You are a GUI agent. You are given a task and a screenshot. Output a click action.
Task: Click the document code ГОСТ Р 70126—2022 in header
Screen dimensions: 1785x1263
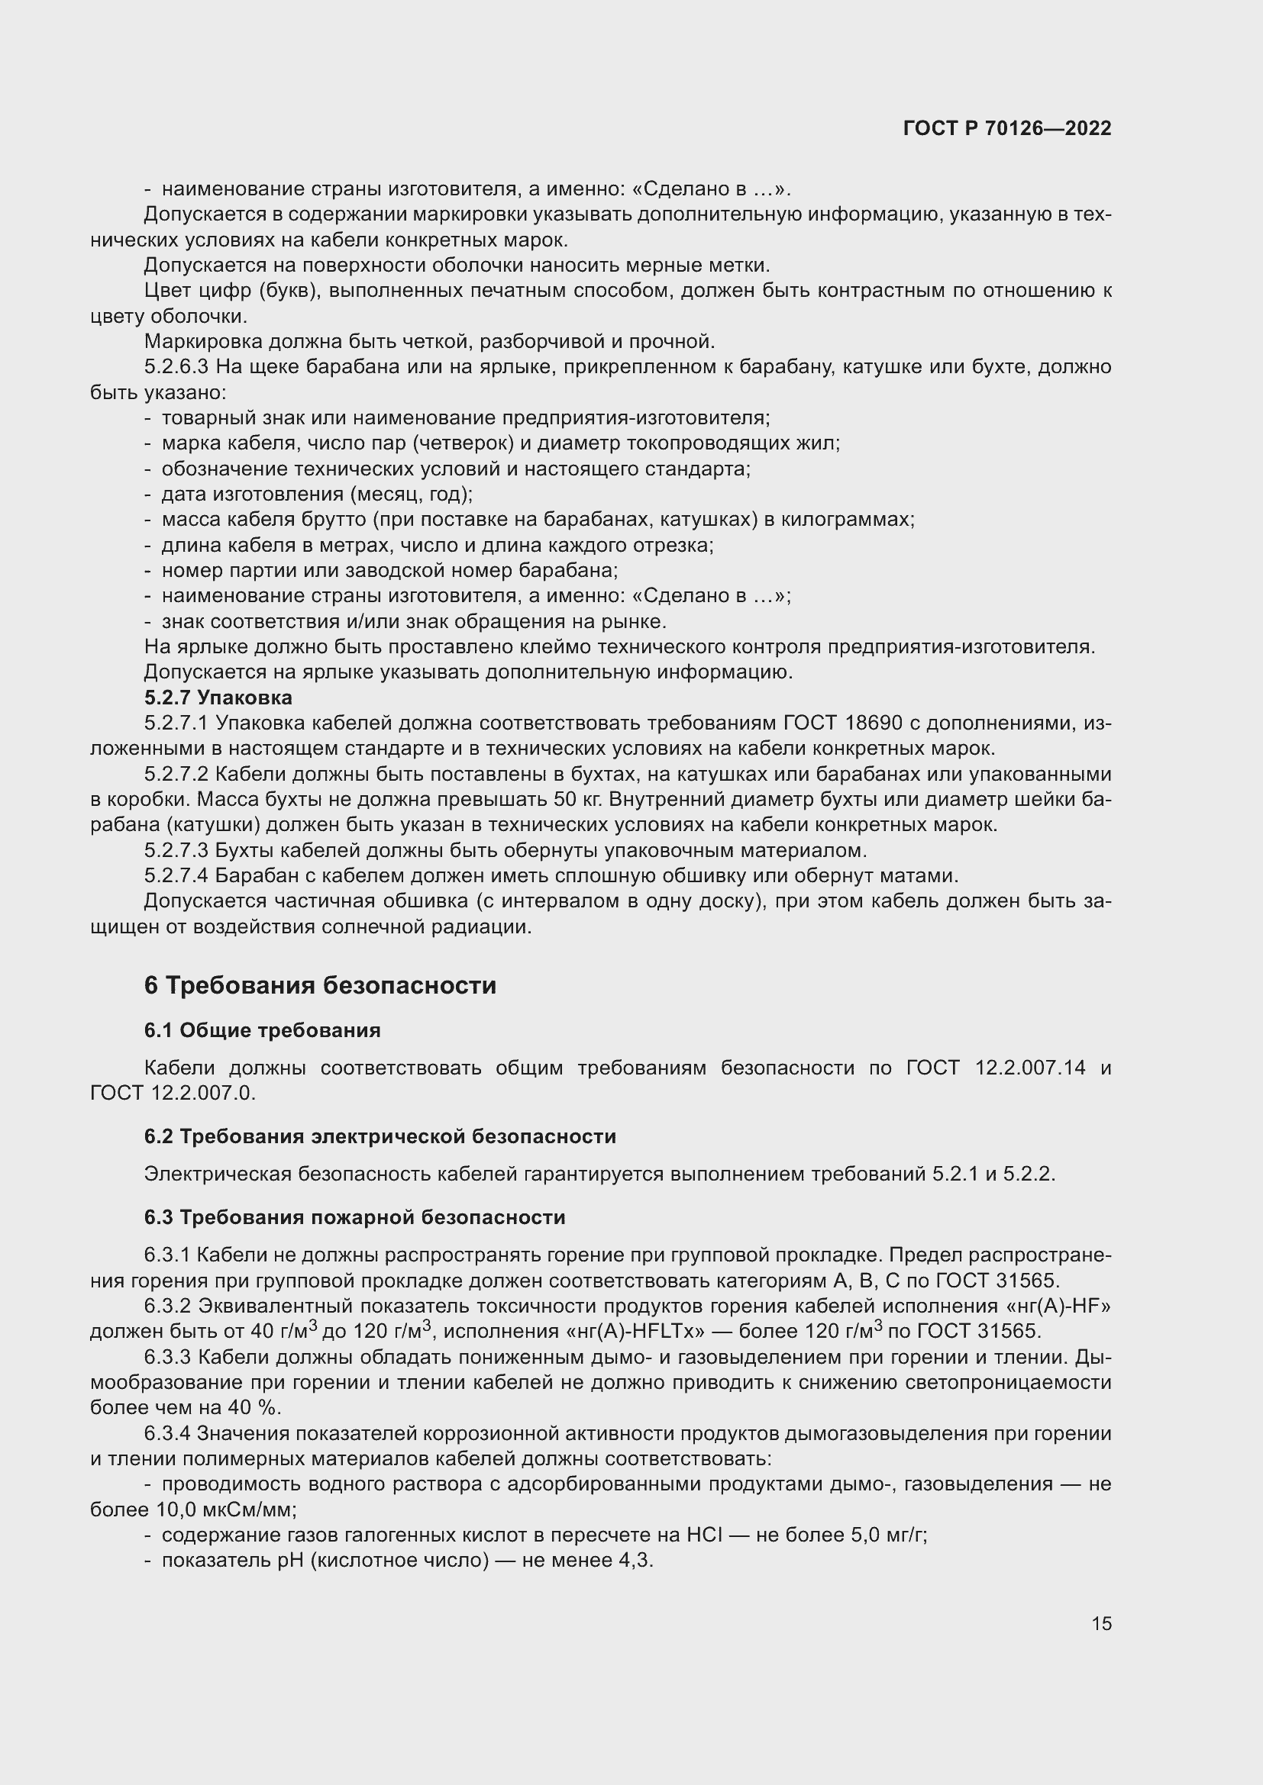[1007, 128]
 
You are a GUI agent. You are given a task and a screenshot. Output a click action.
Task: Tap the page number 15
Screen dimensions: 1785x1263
[1101, 1623]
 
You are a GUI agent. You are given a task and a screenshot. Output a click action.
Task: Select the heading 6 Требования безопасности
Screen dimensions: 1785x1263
[320, 985]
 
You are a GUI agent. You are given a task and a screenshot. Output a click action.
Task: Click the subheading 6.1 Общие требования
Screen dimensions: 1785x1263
[262, 1030]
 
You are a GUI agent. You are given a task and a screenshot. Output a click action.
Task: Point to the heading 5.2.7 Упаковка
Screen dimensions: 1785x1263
[218, 698]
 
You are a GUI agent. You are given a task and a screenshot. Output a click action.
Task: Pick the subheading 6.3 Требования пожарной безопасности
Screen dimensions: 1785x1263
[354, 1216]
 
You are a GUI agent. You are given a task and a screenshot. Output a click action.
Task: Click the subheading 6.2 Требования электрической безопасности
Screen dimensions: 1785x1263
[380, 1136]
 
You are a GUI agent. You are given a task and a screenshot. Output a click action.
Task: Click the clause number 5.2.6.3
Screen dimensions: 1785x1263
[176, 366]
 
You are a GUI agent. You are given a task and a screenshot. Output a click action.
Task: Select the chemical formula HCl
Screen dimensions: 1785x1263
[706, 1535]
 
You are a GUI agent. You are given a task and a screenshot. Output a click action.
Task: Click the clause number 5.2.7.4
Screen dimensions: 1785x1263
[176, 875]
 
